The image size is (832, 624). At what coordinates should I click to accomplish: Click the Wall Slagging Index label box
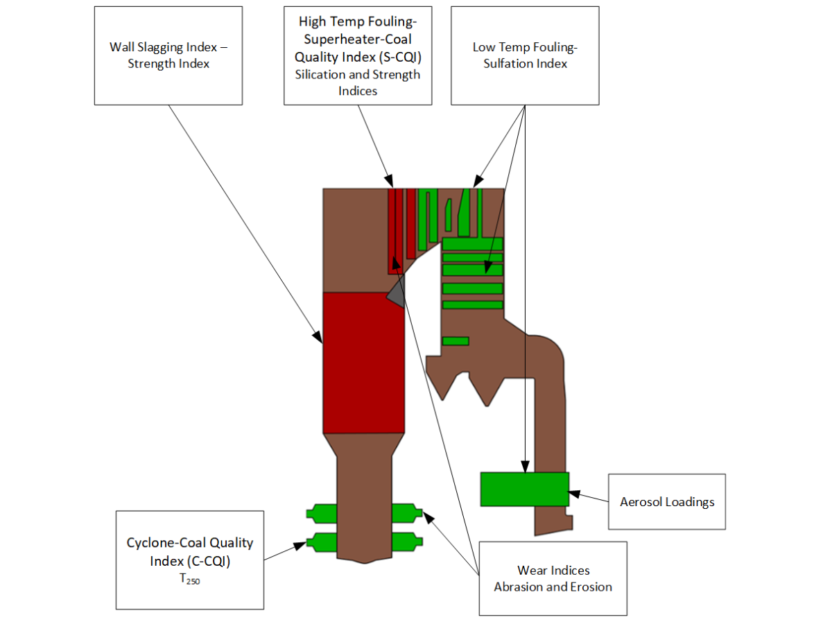click(168, 55)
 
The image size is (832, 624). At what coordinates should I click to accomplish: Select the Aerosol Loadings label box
click(666, 501)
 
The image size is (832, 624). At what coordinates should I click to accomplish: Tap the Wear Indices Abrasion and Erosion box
click(553, 578)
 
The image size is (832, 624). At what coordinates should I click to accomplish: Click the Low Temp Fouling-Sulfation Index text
click(525, 55)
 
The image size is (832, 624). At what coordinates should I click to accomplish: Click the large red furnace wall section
click(364, 362)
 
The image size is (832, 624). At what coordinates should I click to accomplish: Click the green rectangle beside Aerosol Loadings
click(524, 489)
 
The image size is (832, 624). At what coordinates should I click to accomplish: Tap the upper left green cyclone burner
click(322, 513)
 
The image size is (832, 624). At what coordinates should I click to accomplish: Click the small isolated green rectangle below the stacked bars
click(456, 341)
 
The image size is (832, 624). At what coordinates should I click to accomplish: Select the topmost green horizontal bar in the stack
click(472, 244)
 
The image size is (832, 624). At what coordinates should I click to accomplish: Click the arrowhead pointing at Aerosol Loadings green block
click(573, 493)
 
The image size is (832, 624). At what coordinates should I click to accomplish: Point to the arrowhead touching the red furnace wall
click(319, 339)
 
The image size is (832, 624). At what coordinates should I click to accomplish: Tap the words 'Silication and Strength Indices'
click(358, 83)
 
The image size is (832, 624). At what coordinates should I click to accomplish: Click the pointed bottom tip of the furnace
click(364, 561)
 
